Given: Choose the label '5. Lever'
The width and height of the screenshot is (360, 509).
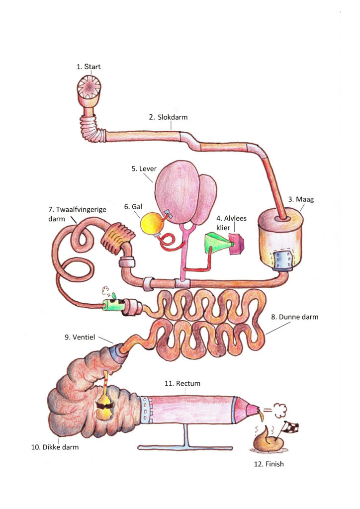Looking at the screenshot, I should coord(144,169).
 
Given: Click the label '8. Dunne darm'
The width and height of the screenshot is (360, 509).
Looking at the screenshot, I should coord(294,316).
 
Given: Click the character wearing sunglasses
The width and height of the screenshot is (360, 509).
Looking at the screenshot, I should coord(105,407).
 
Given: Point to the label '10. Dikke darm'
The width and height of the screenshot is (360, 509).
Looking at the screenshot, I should coord(55,447).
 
